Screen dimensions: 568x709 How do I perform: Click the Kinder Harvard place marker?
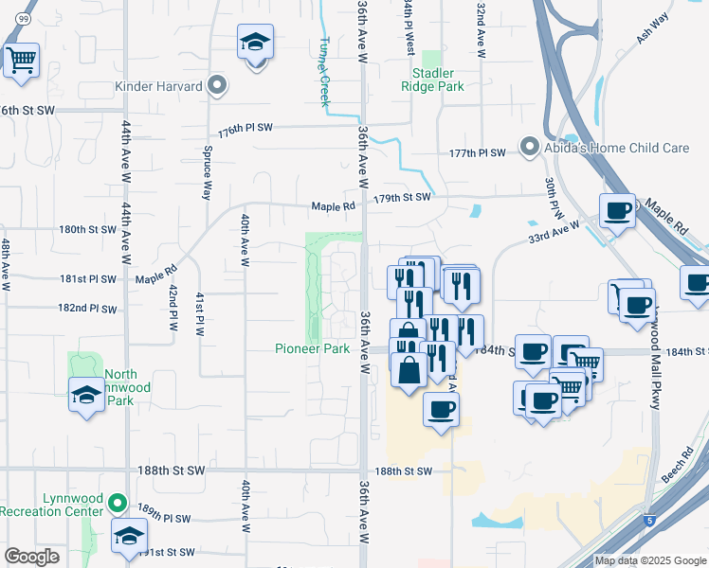[x=217, y=86]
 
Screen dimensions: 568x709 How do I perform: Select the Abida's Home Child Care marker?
[x=528, y=147]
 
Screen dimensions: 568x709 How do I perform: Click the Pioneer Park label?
[x=314, y=348]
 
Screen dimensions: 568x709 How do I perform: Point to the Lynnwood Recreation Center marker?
[x=118, y=503]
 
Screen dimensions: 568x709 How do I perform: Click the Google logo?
[x=32, y=556]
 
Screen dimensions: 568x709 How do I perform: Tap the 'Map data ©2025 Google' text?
[x=649, y=560]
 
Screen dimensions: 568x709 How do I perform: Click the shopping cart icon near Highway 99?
[x=21, y=62]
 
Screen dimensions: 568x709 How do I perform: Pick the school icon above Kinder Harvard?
[x=255, y=44]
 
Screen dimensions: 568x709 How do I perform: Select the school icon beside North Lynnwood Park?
[x=87, y=394]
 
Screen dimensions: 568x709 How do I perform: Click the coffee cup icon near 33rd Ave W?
[x=618, y=211]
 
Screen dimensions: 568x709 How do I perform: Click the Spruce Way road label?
[x=206, y=174]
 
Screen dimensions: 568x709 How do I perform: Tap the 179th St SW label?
[x=403, y=197]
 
